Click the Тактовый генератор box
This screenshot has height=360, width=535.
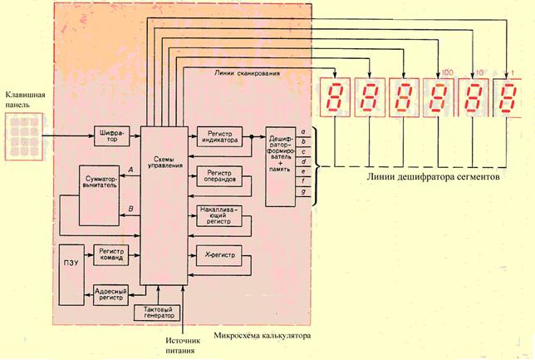pos(155,313)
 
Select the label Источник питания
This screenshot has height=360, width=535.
pos(184,345)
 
